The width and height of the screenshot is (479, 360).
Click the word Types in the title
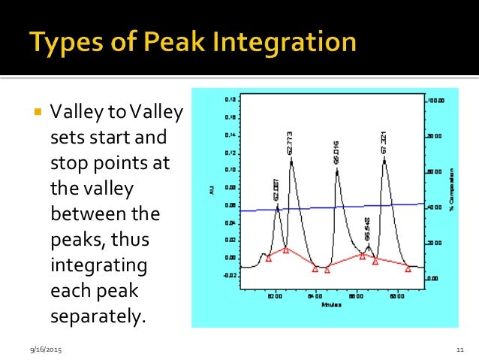pos(66,41)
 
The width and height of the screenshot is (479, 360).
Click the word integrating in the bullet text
pos(98,265)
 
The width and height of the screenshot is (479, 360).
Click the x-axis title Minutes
pos(332,305)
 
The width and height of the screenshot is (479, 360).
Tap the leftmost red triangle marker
pos(268,258)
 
